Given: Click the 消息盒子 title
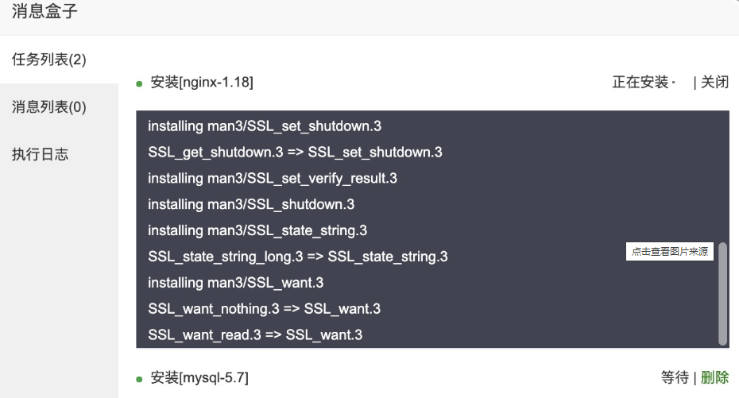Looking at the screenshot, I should click(44, 12).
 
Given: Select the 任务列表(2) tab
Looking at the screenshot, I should click(49, 60).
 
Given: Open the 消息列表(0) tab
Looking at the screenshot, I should click(49, 107).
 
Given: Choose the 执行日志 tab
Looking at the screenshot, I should click(40, 154).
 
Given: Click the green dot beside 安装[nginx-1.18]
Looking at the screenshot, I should click(139, 83).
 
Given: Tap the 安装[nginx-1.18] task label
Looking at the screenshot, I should click(202, 82).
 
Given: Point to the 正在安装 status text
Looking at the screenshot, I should click(640, 82).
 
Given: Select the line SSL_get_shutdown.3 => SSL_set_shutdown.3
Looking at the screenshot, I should click(295, 152).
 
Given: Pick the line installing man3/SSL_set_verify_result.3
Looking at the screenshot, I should click(273, 178).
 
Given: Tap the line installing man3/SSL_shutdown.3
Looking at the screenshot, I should click(251, 204).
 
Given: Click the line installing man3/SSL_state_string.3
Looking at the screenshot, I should click(257, 230).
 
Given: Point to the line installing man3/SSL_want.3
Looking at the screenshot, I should click(236, 282).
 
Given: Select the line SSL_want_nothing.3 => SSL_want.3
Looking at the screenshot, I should click(264, 308).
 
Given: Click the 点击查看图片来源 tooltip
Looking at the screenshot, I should click(669, 252).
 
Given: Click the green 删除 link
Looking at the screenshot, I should click(714, 377).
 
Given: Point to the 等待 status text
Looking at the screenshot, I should click(675, 377).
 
